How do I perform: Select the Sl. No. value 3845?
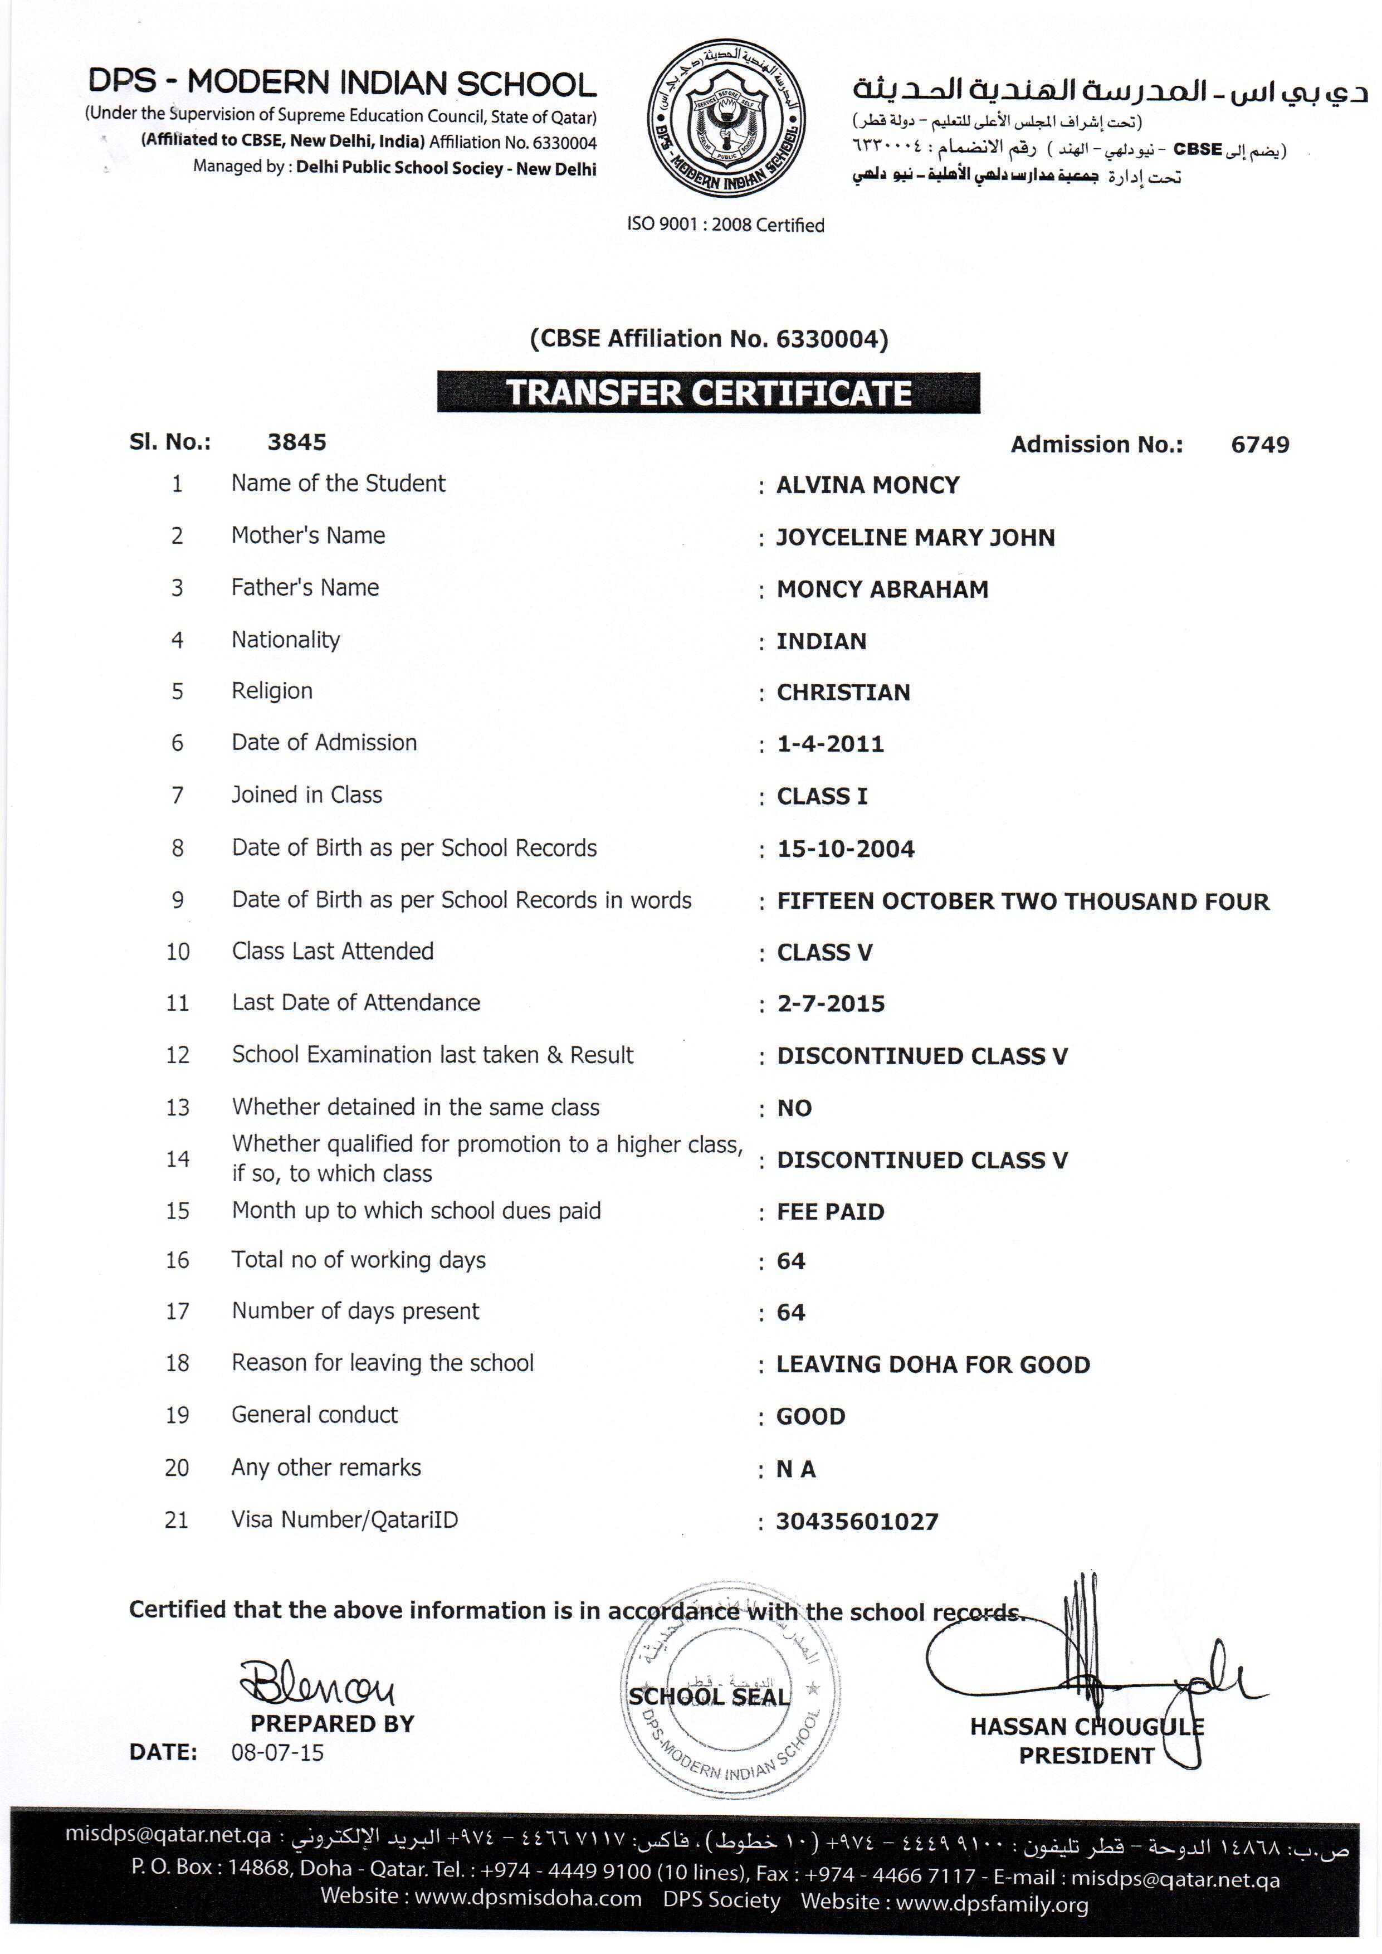297,442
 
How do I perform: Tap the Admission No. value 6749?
1259,444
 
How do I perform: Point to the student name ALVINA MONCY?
867,485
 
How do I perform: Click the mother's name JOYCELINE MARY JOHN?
915,538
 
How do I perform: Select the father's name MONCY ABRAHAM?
882,590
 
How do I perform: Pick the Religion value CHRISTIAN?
842,693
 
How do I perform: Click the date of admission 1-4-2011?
830,745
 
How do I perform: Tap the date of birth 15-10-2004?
845,849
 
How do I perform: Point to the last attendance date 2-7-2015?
831,1004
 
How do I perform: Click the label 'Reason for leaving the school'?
382,1363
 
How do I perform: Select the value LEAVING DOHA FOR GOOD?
932,1365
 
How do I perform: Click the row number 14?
177,1159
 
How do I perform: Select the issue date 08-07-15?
277,1752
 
